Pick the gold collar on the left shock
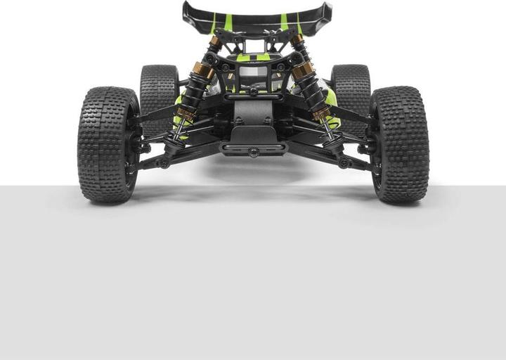(x=204, y=70)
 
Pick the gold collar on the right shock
(x=303, y=70)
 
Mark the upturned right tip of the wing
(x=327, y=10)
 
